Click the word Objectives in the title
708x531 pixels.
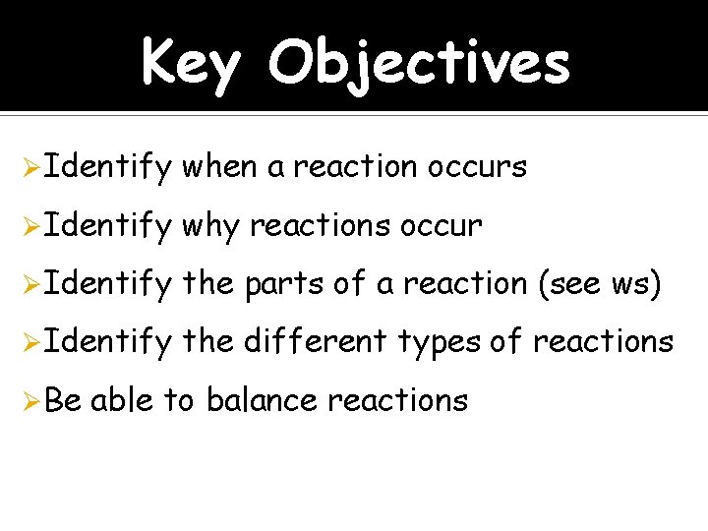click(418, 64)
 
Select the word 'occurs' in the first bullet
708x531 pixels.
click(477, 167)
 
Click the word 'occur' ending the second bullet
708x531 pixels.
click(442, 226)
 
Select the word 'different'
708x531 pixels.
click(315, 342)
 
